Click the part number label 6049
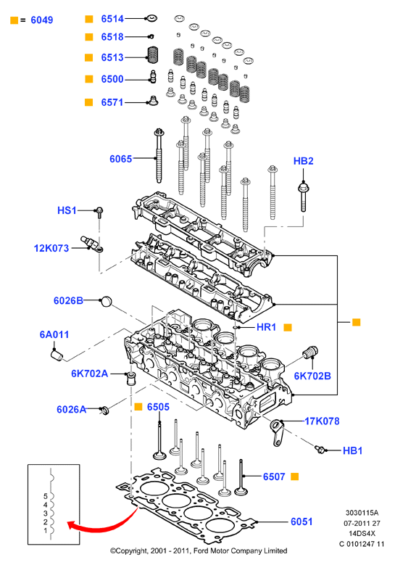pos(42,20)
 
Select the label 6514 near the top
pos(112,19)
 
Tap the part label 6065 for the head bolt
pos(121,159)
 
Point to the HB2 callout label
pos(303,161)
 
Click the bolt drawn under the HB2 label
pos(303,197)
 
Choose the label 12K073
pos(51,248)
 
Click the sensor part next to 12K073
pos(92,244)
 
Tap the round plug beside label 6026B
pos(107,301)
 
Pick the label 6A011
pos(54,335)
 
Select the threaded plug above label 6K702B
pos(310,352)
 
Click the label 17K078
pos(322,421)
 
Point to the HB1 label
pos(352,451)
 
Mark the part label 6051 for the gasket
pos(302,521)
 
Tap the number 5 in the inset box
pos(46,497)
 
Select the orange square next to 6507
pos(294,477)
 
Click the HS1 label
pos(67,210)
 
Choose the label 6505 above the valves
pos(158,407)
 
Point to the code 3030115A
pos(362,513)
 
